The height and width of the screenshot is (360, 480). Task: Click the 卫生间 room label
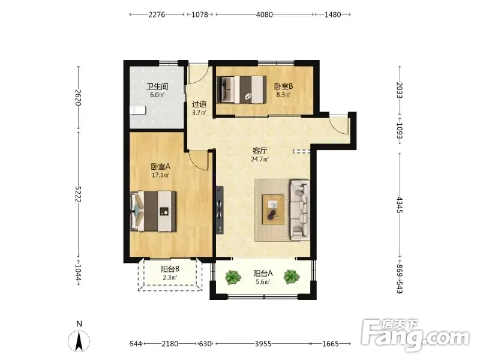point(157,86)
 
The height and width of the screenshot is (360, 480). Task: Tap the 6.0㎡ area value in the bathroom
point(157,95)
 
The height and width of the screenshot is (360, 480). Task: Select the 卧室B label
point(283,86)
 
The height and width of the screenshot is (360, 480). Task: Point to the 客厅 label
point(260,151)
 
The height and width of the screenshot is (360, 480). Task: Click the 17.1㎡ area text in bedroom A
point(160,175)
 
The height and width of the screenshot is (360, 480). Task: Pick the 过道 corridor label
point(199,104)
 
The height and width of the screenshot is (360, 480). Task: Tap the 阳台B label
point(170,269)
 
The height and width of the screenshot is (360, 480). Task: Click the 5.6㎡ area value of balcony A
point(263,282)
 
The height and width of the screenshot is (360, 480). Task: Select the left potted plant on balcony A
point(233,277)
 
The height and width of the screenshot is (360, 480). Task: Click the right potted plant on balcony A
point(292,277)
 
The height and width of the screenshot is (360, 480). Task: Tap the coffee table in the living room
point(273,209)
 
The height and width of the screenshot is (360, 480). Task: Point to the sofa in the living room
point(300,210)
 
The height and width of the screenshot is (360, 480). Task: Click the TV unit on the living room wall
point(220,210)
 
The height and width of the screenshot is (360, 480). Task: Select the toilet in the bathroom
point(137,110)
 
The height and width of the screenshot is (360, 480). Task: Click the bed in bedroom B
point(242,89)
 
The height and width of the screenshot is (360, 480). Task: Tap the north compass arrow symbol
point(79,341)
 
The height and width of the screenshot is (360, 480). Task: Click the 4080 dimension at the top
point(264,14)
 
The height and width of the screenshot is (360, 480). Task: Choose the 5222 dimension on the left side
point(78,194)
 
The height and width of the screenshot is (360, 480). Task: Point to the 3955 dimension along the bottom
point(263,344)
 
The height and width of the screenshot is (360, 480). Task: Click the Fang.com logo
point(415,335)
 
